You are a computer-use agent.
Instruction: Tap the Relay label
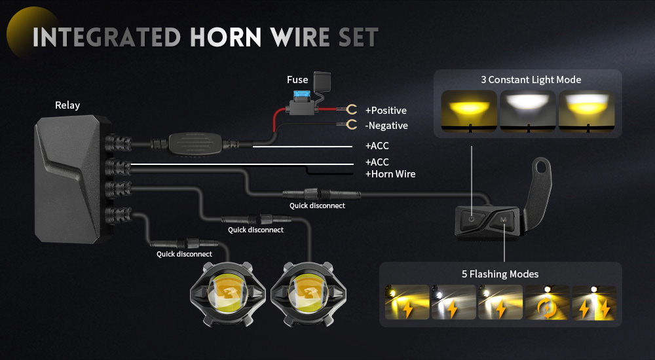pyautogui.click(x=67, y=105)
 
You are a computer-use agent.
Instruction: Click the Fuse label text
pyautogui.click(x=297, y=80)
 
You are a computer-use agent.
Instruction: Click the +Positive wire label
pyautogui.click(x=386, y=110)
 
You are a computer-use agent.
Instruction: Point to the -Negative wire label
pyautogui.click(x=386, y=125)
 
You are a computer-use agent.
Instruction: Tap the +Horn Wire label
pyautogui.click(x=390, y=173)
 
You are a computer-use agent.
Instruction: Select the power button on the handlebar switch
pyautogui.click(x=472, y=219)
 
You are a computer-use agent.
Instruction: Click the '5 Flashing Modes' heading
pyautogui.click(x=500, y=274)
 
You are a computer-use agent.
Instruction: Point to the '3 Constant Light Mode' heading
pyautogui.click(x=531, y=80)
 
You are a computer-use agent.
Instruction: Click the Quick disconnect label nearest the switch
pyautogui.click(x=317, y=206)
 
